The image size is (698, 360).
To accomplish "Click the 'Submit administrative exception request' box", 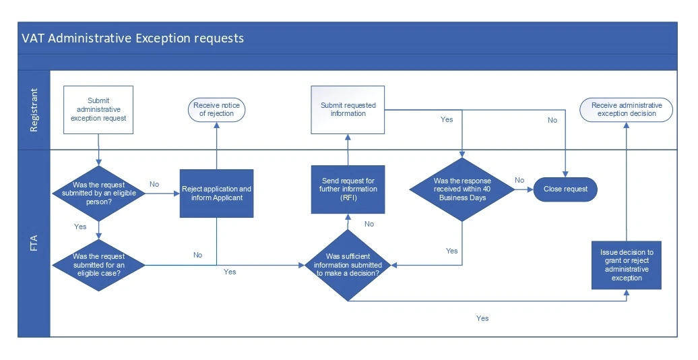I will pyautogui.click(x=99, y=109).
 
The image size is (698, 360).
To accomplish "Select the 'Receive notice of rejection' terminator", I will pyautogui.click(x=216, y=109).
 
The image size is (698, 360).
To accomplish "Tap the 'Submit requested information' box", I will pyautogui.click(x=348, y=109).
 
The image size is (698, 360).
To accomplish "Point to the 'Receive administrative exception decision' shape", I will pyautogui.click(x=627, y=110).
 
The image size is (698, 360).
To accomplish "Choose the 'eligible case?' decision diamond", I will pyautogui.click(x=99, y=264).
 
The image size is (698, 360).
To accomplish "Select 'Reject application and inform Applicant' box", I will pyautogui.click(x=216, y=193).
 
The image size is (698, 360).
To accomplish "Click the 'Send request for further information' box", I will pyautogui.click(x=348, y=189).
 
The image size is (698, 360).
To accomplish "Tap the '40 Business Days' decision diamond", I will pyautogui.click(x=462, y=189).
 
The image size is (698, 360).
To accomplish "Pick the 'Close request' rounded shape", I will pyautogui.click(x=565, y=189).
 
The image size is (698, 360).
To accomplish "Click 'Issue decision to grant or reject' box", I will pyautogui.click(x=627, y=265).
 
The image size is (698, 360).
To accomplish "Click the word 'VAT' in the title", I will pyautogui.click(x=33, y=38).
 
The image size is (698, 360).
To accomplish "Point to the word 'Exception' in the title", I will pyautogui.click(x=162, y=38).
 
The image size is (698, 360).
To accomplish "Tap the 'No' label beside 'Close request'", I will pyautogui.click(x=519, y=180).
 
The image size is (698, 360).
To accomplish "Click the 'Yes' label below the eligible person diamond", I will pyautogui.click(x=80, y=227).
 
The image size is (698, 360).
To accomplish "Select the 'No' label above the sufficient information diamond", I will pyautogui.click(x=369, y=224).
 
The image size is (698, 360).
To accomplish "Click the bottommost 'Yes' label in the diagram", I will pyautogui.click(x=482, y=318).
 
